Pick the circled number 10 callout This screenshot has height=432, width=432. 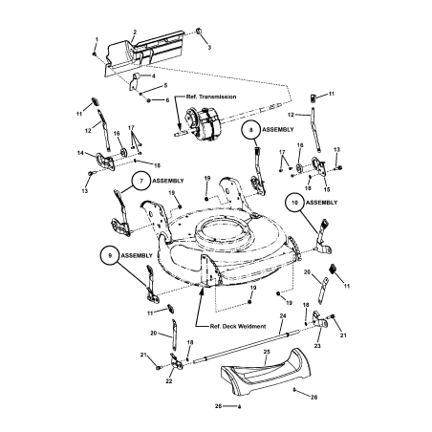point(294,203)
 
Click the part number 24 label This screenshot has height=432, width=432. point(283,315)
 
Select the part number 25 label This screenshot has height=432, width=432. point(268,352)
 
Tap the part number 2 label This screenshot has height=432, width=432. point(134,32)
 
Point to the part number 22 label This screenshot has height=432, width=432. point(169,379)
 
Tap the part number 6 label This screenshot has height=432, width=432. point(166,99)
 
